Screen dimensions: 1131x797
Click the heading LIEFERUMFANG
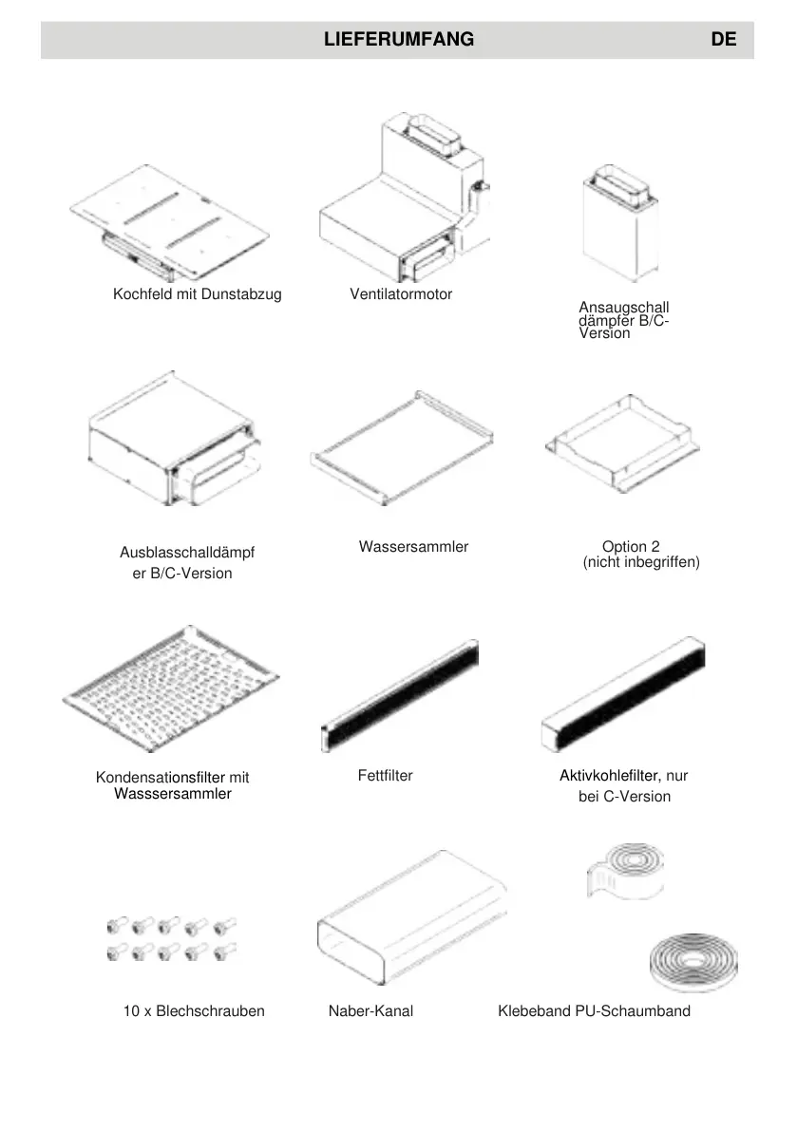(398, 40)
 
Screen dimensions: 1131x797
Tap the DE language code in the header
(722, 40)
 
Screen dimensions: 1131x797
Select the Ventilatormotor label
(401, 294)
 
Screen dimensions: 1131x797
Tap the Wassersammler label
(413, 547)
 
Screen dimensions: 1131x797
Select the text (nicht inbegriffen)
(641, 563)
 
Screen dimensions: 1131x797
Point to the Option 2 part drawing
(622, 442)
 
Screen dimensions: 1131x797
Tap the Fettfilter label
(386, 776)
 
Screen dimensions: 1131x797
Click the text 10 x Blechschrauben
(194, 1011)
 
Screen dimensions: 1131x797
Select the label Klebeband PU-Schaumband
(594, 1011)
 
